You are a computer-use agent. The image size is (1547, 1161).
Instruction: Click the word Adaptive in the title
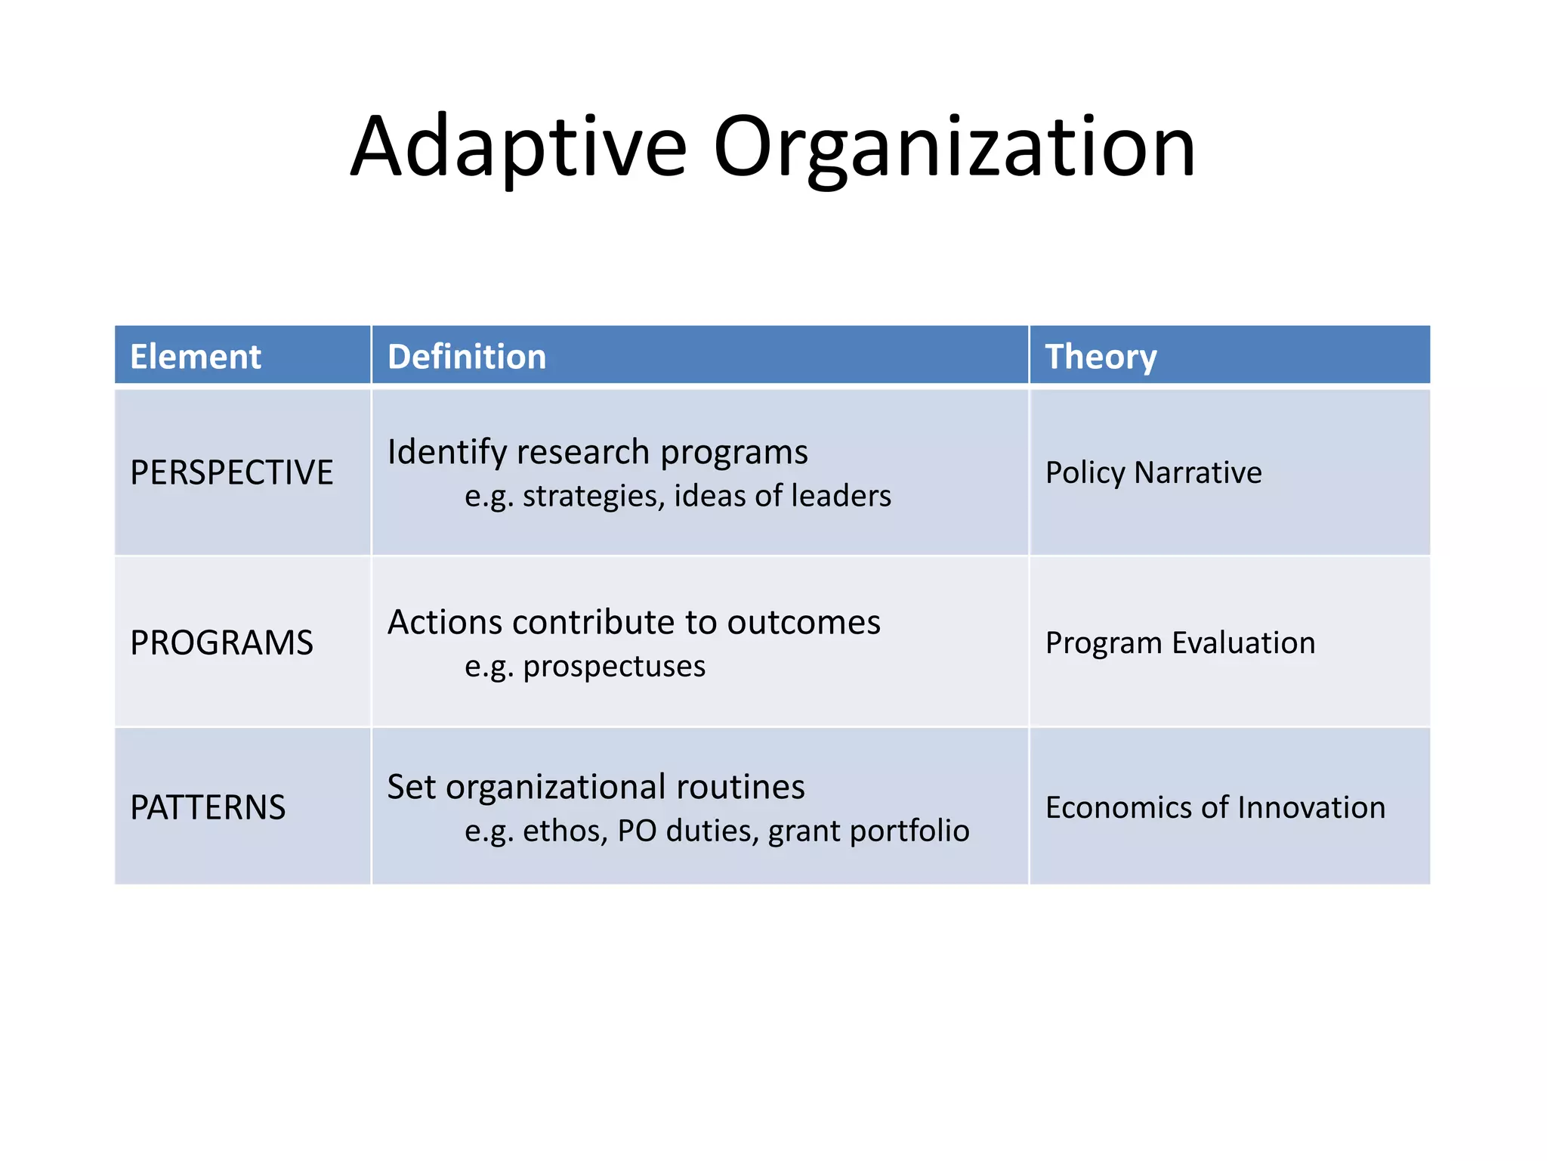click(x=519, y=147)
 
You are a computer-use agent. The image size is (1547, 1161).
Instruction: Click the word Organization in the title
click(x=954, y=147)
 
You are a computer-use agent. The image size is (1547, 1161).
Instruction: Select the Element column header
click(x=196, y=356)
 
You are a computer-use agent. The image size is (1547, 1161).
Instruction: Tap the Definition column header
click(x=467, y=356)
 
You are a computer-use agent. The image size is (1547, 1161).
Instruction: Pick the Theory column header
click(x=1101, y=356)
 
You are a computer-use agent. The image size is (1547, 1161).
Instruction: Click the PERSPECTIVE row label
click(x=232, y=472)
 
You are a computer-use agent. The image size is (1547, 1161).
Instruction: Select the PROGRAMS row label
click(x=221, y=642)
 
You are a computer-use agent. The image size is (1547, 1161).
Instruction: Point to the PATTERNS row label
click(x=208, y=807)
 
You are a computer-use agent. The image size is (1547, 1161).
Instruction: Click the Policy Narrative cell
click(x=1153, y=472)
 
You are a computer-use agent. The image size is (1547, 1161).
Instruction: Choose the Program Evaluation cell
click(x=1180, y=642)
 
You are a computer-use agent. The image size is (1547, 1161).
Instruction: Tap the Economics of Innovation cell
click(x=1215, y=807)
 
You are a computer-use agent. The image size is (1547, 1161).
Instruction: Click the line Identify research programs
click(x=597, y=452)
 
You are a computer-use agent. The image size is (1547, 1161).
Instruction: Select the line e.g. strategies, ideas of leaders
click(x=678, y=496)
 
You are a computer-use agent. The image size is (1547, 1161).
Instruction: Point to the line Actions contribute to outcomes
click(x=634, y=622)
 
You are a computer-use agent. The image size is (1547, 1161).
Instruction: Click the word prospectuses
click(x=614, y=667)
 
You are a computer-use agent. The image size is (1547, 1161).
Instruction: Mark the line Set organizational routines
click(x=596, y=787)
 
